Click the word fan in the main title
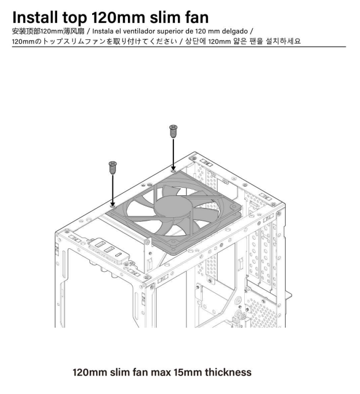[197, 18]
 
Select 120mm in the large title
[118, 18]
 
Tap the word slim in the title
[165, 18]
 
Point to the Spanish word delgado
[234, 32]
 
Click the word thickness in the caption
[228, 372]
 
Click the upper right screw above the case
[173, 131]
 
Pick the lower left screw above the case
[112, 168]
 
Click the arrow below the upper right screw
[173, 154]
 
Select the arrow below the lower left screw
[112, 191]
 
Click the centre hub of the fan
[173, 209]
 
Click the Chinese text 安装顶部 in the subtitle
[26, 32]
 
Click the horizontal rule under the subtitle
[179, 47]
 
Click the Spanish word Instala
[102, 32]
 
